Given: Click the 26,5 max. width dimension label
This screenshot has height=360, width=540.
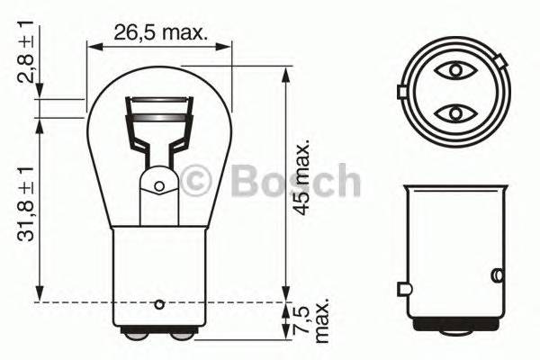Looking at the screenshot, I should click(x=160, y=35).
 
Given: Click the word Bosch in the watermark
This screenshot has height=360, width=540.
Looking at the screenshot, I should click(x=294, y=181).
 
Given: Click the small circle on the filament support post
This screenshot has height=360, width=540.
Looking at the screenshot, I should click(x=159, y=187).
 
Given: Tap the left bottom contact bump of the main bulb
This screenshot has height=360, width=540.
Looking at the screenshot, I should click(x=137, y=334).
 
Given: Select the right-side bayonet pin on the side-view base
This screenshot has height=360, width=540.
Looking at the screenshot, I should click(x=496, y=274).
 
